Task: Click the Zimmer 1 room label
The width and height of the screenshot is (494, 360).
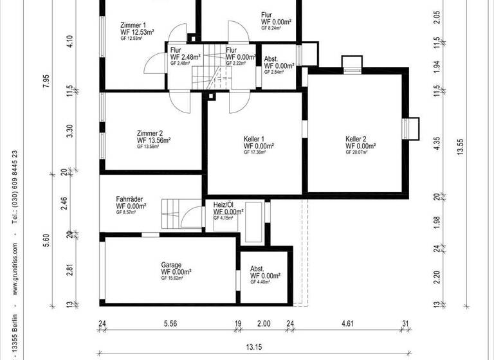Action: tap(133, 25)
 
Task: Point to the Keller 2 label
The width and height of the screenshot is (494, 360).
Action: tap(356, 139)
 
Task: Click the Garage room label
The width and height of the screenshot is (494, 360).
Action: tap(171, 264)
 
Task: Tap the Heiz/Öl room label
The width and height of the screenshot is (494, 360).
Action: tap(224, 204)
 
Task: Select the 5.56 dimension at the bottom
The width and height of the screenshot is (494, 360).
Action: tap(170, 323)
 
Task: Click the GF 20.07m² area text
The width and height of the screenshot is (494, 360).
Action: tap(358, 153)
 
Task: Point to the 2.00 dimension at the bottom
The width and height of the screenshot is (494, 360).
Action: tap(264, 323)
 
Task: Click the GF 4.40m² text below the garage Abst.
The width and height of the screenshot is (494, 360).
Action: tap(262, 282)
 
